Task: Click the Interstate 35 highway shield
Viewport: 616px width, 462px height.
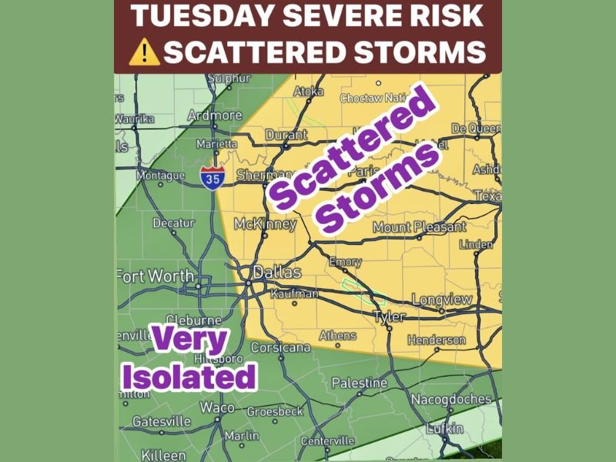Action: [212, 177]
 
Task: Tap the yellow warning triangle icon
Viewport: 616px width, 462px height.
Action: [144, 52]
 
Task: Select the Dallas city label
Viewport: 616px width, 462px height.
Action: [278, 273]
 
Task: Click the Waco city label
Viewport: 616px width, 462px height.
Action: [218, 407]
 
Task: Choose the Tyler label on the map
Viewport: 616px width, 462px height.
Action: [389, 317]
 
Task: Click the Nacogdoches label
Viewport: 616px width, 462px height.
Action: [450, 399]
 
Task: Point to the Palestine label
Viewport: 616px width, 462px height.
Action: [359, 383]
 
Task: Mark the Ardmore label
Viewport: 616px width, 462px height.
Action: [215, 115]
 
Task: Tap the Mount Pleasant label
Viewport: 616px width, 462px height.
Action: [420, 227]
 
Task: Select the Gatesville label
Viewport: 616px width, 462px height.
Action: [162, 421]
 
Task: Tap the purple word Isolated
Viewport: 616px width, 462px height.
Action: [189, 377]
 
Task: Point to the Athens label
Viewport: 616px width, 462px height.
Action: [337, 336]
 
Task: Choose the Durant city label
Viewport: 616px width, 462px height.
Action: [286, 135]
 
